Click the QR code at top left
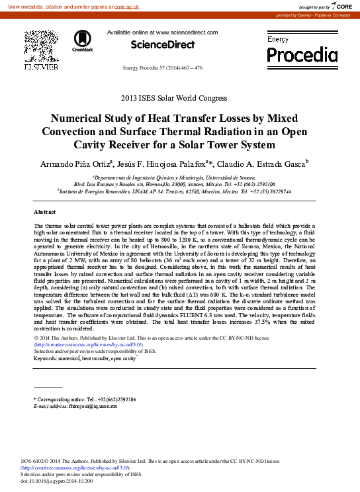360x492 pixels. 40,45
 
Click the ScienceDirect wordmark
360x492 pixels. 163,45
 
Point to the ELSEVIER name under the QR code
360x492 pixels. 40,67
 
